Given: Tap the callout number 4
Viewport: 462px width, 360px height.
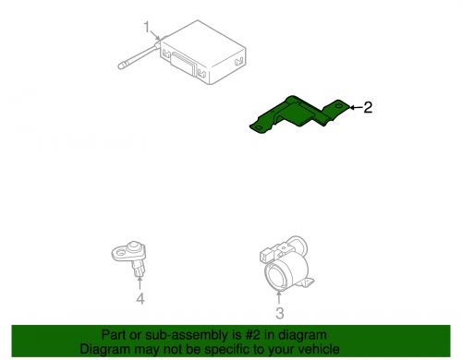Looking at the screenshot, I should pyautogui.click(x=140, y=299).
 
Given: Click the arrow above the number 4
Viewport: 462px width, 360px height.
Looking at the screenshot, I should pyautogui.click(x=140, y=282).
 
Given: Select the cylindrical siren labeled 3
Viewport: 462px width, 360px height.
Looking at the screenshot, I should pyautogui.click(x=281, y=264).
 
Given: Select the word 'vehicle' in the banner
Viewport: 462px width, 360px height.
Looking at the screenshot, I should pyautogui.click(x=319, y=350).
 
